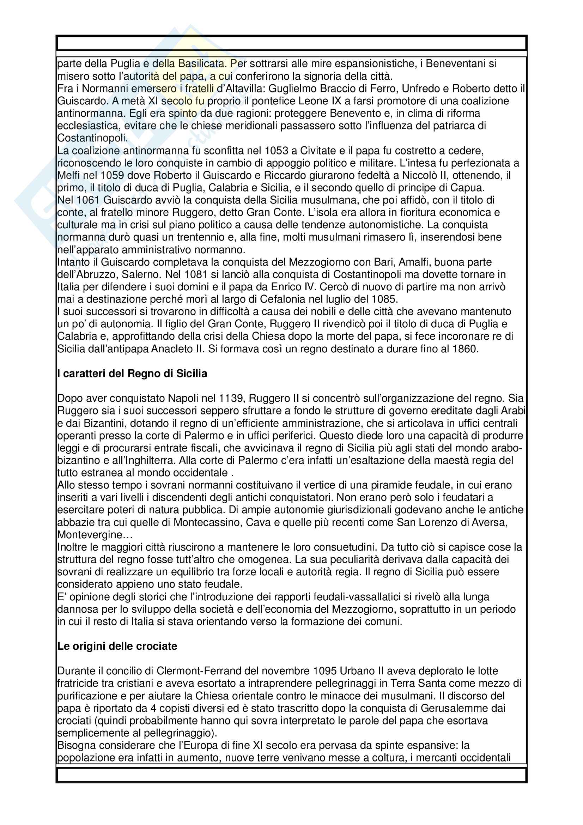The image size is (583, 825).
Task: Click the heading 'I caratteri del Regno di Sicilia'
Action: coord(132,374)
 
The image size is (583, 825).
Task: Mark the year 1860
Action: coord(464,349)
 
